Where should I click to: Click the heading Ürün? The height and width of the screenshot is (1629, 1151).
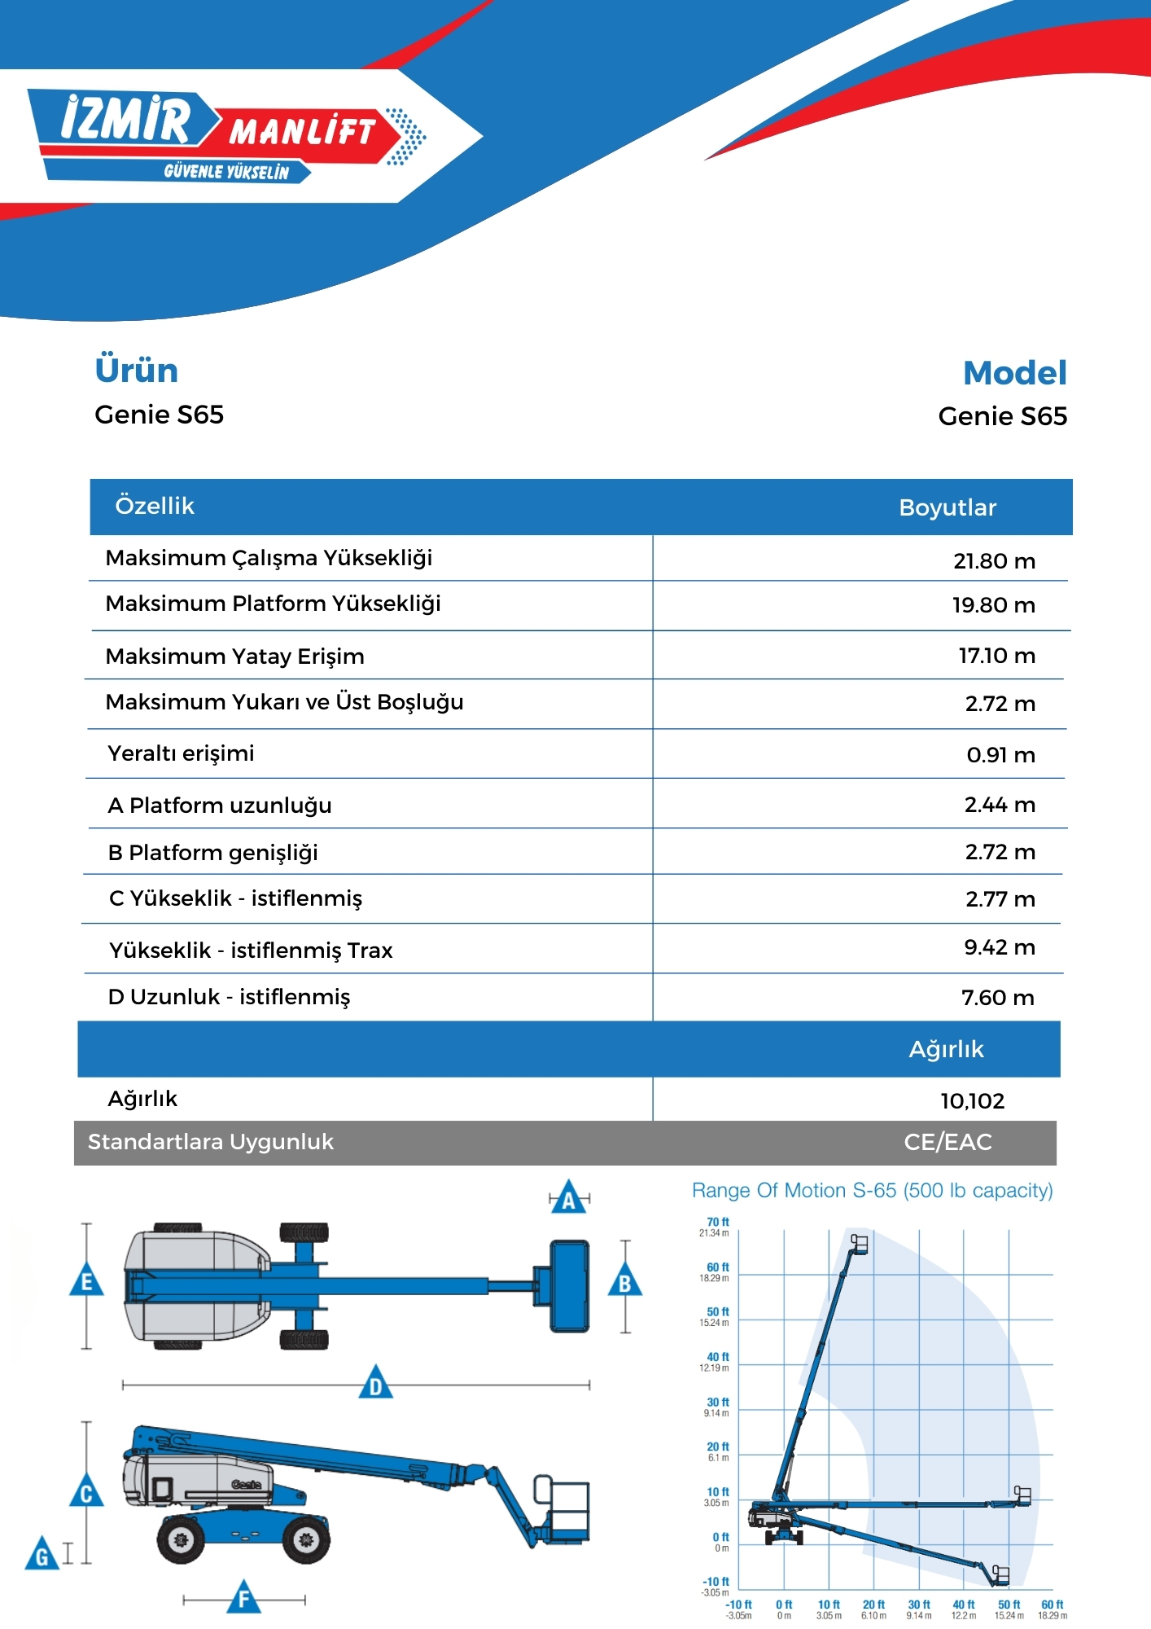(136, 370)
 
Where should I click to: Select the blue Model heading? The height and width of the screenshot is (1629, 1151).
(1014, 373)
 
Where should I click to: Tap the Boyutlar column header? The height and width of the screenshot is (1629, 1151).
(947, 507)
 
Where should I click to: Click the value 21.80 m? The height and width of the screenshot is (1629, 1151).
(994, 561)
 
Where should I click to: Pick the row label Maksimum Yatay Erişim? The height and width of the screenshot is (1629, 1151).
(234, 656)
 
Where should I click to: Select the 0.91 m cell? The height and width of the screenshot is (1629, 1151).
(1000, 755)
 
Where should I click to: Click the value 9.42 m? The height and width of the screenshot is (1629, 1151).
(999, 947)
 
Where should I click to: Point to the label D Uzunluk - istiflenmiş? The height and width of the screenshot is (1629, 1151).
(229, 997)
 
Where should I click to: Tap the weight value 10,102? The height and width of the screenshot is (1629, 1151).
(972, 1101)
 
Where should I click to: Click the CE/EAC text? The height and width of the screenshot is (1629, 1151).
(947, 1142)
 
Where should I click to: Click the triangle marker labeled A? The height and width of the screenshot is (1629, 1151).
(569, 1198)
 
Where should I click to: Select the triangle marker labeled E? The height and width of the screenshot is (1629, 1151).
(86, 1281)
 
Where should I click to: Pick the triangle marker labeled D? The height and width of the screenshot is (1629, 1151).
(375, 1384)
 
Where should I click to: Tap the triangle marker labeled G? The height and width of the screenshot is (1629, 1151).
(42, 1555)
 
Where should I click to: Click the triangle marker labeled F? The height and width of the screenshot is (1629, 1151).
(243, 1597)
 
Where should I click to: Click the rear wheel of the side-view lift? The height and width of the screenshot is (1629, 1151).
(181, 1539)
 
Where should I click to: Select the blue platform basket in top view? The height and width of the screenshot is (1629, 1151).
(569, 1286)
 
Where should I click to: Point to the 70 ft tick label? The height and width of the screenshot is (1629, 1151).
(717, 1222)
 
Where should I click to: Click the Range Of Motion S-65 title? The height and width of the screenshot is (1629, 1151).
(872, 1191)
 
